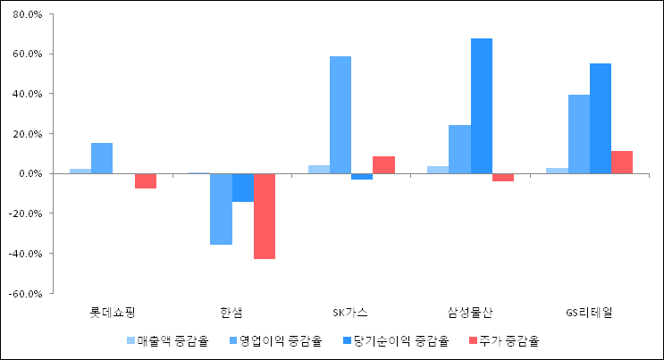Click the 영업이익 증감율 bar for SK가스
click(340, 114)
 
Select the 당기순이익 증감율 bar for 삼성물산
click(482, 105)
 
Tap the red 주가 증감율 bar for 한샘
click(265, 216)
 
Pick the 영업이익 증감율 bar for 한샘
click(221, 209)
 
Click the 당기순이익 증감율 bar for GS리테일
click(601, 118)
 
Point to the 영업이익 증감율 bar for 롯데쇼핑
click(102, 158)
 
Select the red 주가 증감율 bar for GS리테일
click(622, 163)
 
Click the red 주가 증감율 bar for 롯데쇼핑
click(146, 180)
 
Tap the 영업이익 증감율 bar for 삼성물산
click(459, 149)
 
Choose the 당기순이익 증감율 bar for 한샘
click(243, 188)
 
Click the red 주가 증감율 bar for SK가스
click(383, 164)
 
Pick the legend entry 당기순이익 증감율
click(399, 340)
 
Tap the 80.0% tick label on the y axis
click(27, 15)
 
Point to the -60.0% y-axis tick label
click(25, 293)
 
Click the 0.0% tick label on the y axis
click(29, 174)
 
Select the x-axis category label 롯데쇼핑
click(113, 312)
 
